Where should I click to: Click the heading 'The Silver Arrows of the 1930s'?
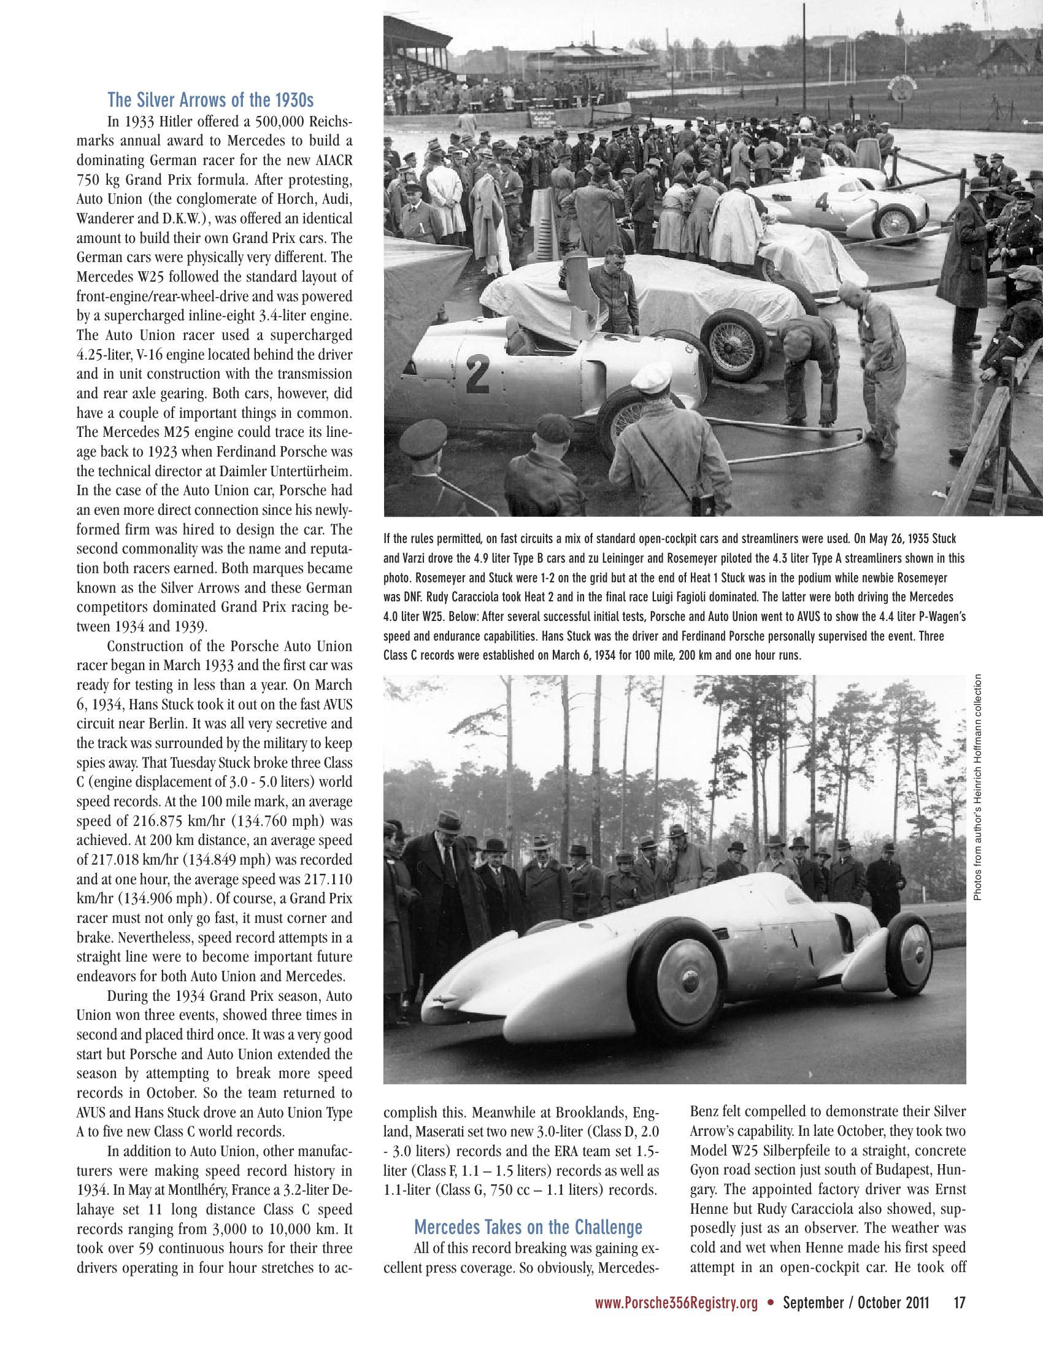coord(210,99)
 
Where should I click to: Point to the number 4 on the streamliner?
coord(822,202)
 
